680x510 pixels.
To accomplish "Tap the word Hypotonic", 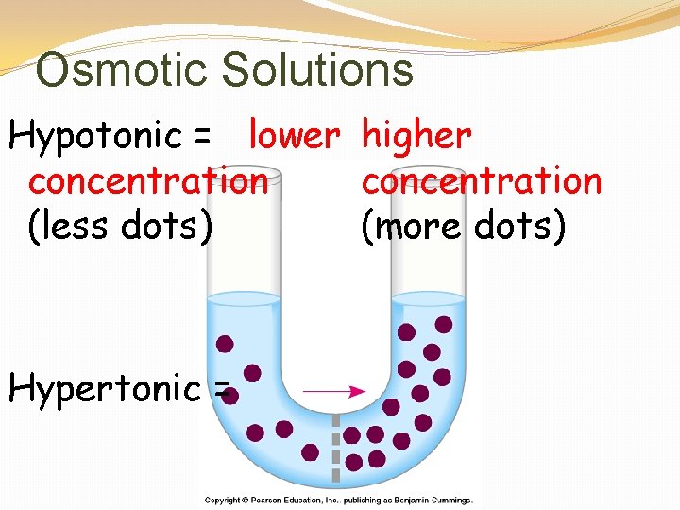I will tap(95, 138).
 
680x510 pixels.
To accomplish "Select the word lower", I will tap(293, 137).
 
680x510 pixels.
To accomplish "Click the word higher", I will tap(416, 137).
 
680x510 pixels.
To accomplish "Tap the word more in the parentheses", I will tap(421, 226).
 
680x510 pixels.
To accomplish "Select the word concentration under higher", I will tap(482, 180).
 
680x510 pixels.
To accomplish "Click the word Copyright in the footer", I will tap(224, 501).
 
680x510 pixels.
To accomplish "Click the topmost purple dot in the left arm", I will tap(226, 344).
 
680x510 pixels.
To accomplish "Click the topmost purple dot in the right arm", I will tap(444, 324).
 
